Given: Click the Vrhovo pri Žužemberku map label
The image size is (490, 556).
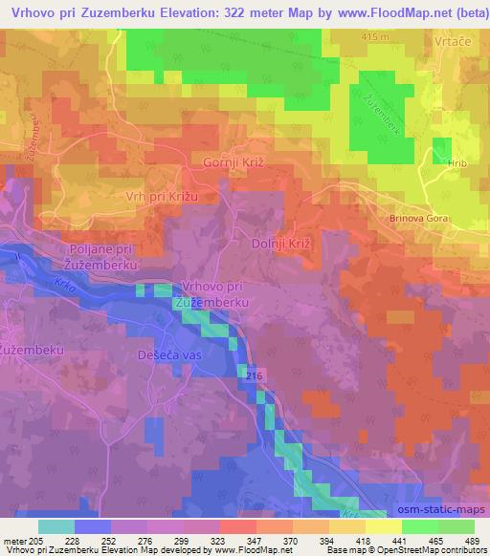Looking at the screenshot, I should coord(212,294).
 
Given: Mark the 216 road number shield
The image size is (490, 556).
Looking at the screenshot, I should coord(252,377).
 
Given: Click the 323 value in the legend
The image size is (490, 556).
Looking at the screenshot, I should coord(219,541).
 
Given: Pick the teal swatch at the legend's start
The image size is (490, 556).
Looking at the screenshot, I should coord(56,526).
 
